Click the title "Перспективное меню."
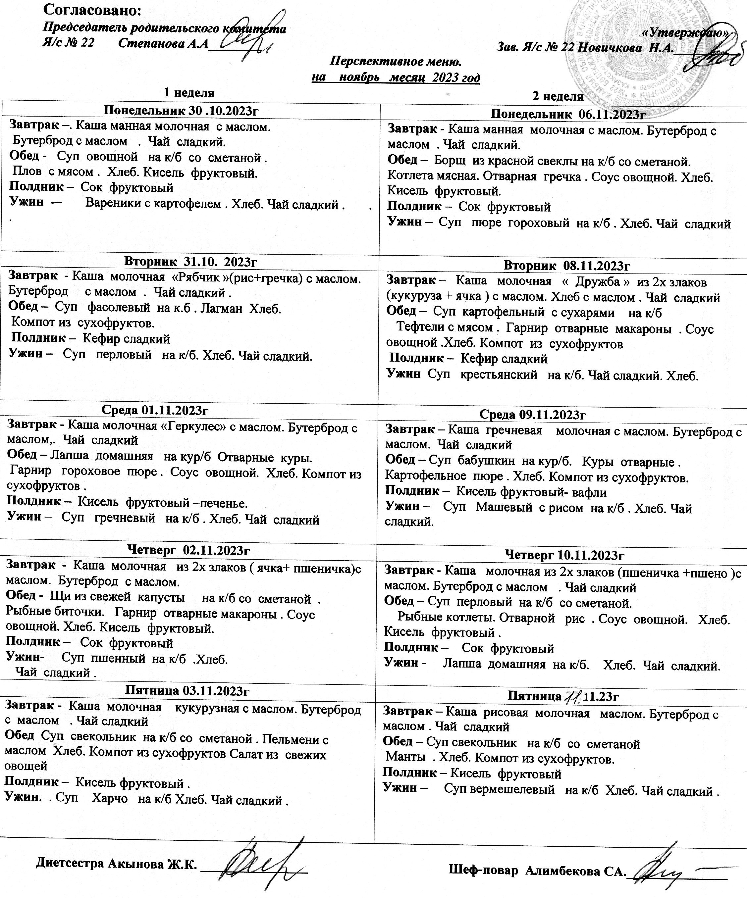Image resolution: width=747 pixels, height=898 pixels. coord(396,62)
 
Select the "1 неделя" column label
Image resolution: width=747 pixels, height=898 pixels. coord(189,92)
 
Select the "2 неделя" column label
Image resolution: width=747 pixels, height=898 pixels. coord(558,97)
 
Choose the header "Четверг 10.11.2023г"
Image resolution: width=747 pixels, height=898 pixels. coord(565,555)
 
